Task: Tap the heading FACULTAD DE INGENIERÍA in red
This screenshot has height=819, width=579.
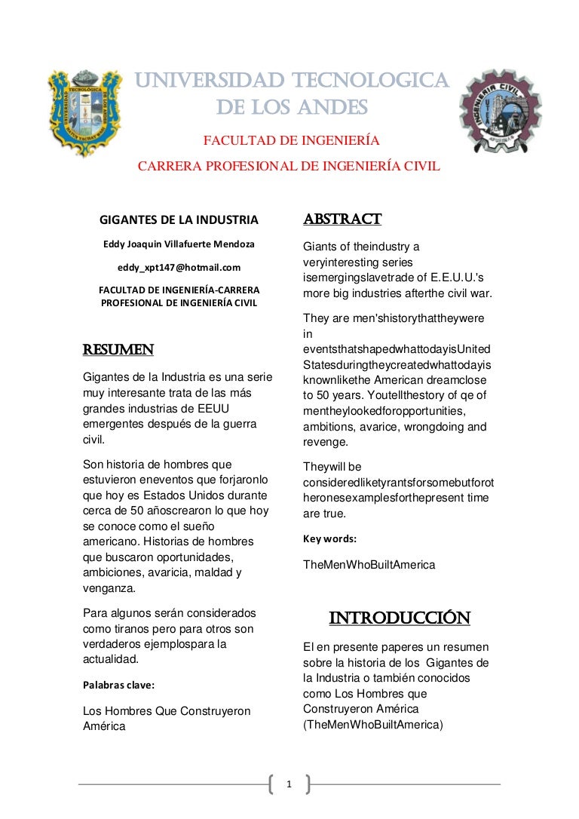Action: coord(292,140)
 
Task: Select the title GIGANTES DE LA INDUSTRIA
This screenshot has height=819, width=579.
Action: coord(179,220)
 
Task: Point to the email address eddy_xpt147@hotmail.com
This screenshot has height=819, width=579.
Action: coord(179,267)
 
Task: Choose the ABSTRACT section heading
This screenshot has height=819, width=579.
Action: coord(342,219)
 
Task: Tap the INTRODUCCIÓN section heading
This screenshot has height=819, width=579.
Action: coord(400,618)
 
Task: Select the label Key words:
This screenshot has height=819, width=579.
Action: coord(329,539)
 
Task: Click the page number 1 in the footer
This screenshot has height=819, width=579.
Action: coord(289,785)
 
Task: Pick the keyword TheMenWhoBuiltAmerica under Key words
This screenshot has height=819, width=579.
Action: coord(369,564)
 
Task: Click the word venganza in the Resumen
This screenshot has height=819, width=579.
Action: coord(109,588)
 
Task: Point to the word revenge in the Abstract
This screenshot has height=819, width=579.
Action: coord(326,442)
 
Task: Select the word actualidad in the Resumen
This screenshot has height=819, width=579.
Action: coord(111,659)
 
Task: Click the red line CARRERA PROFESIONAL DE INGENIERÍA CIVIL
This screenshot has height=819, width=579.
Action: coord(289,167)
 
